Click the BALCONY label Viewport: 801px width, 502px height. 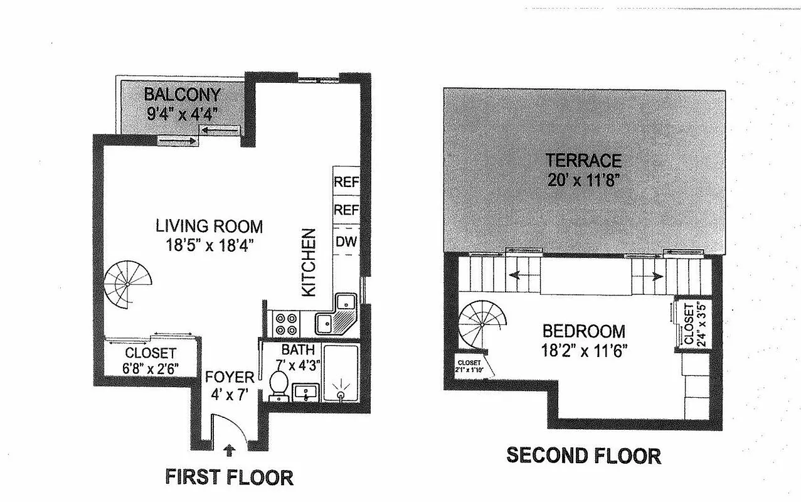[182, 95]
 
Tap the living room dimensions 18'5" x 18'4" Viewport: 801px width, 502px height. [209, 243]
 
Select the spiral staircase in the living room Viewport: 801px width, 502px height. [128, 284]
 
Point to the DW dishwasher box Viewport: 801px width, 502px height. [346, 242]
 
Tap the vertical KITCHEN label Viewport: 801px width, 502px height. [308, 263]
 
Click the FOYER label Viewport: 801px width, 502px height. [230, 377]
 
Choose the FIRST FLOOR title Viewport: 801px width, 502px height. [229, 477]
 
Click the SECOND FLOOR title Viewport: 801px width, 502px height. [583, 455]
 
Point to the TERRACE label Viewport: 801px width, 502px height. [583, 160]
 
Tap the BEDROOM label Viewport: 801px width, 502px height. [583, 331]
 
